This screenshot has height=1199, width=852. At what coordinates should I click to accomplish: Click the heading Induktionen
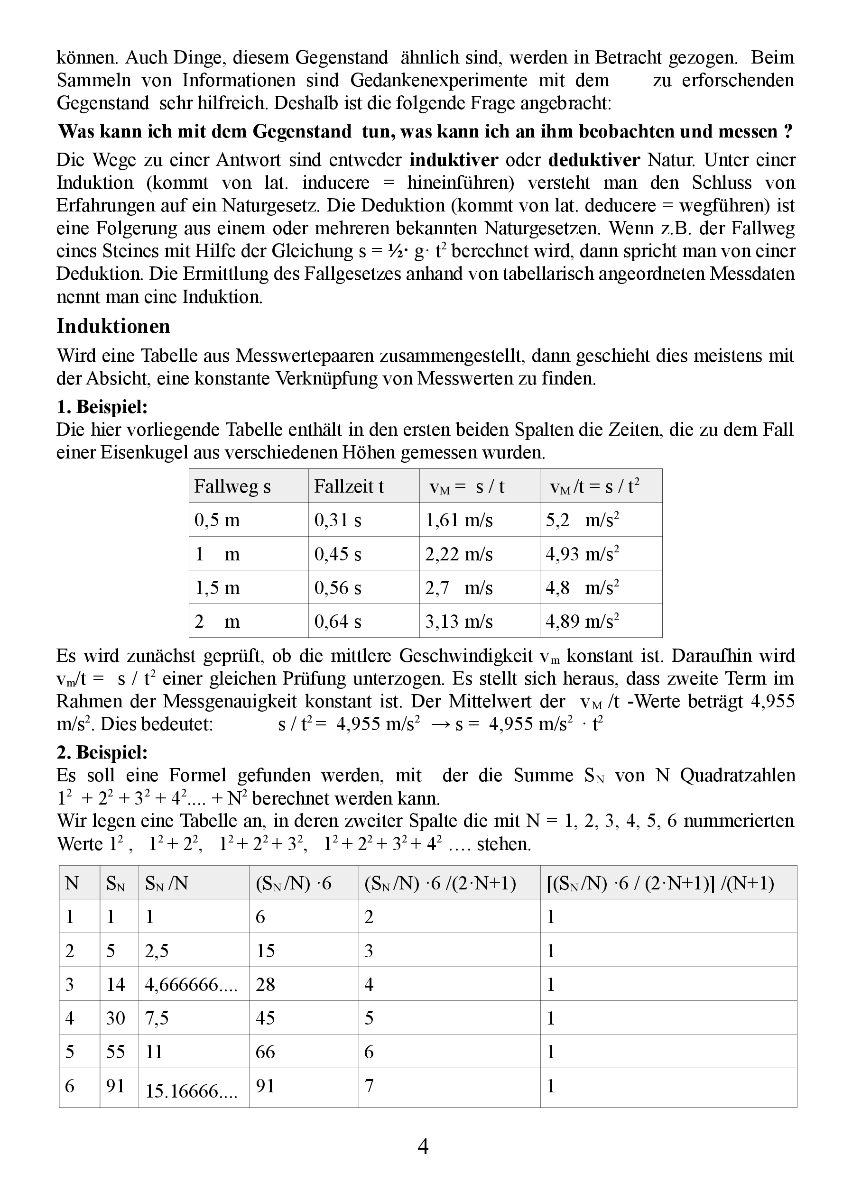point(113,327)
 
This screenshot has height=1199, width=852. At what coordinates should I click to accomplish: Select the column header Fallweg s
point(232,486)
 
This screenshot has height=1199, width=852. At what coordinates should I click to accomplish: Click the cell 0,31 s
point(338,520)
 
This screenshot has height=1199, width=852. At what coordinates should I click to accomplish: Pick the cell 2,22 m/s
point(459,554)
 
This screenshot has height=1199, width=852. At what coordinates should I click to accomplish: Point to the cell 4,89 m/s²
point(583,621)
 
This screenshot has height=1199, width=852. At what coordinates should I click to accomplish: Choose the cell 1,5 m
point(217,588)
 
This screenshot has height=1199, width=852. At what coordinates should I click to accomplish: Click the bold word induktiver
point(454,160)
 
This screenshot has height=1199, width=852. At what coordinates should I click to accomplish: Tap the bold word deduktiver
point(594,160)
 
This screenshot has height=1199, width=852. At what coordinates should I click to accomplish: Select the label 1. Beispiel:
point(102,407)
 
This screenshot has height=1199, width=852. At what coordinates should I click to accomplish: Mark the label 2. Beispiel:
point(102,752)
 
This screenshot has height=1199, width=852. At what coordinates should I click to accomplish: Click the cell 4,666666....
point(191,985)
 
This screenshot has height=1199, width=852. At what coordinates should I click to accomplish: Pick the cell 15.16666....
point(191,1091)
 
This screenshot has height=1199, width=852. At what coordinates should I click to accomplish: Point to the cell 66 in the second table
point(266,1052)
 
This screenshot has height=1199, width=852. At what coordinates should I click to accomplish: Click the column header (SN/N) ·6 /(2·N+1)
point(440,883)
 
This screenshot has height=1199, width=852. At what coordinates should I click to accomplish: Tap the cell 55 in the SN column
point(115,1052)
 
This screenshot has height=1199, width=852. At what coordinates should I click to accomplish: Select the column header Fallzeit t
point(349,486)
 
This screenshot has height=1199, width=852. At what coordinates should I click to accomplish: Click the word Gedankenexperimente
point(439,80)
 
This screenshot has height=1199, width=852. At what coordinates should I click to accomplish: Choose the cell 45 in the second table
point(266,1018)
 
